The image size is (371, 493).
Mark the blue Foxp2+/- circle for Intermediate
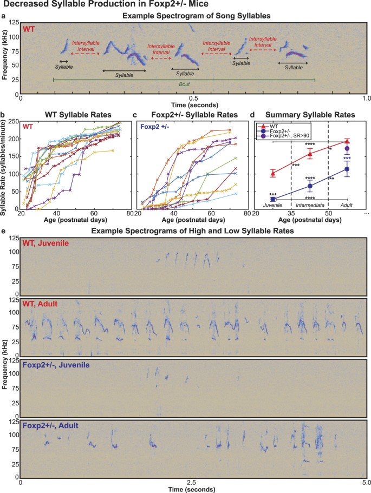pos(310,186)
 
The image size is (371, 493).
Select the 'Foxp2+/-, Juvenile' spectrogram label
pos(51,366)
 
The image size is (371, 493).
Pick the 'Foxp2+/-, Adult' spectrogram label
pos(47,425)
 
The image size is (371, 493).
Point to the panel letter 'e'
pos(4,231)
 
